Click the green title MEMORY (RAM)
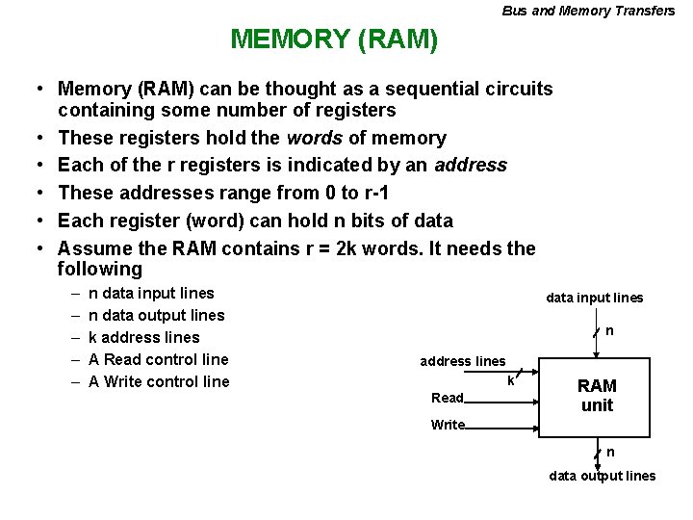click(334, 39)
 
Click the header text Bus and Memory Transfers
click(588, 11)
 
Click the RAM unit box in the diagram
click(597, 395)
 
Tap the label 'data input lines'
click(594, 298)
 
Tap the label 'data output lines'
click(602, 476)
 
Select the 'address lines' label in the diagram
click(462, 361)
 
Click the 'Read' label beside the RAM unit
click(448, 398)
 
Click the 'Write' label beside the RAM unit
click(448, 425)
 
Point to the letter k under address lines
click(510, 380)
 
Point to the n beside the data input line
click(609, 331)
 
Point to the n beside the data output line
click(610, 452)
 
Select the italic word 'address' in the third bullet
click(470, 165)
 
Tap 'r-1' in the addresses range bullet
click(357, 192)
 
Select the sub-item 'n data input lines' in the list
click(151, 293)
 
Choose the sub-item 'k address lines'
click(143, 337)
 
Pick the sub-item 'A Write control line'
click(159, 381)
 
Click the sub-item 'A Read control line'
click(158, 359)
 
